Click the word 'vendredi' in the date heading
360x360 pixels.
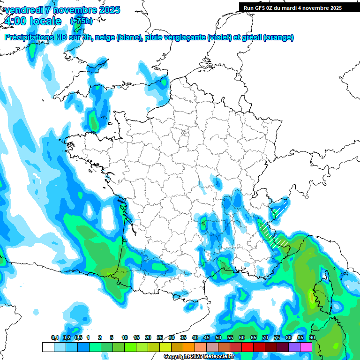click(22, 10)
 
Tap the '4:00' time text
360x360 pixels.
click(15, 21)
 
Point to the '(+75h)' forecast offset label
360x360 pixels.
click(81, 21)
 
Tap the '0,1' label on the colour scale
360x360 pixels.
click(54, 338)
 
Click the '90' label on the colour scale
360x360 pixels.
click(312, 338)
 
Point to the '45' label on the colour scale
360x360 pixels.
click(207, 338)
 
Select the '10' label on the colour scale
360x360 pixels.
click(125, 338)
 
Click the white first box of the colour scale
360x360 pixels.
click(48, 347)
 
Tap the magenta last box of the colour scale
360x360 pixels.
click(306, 347)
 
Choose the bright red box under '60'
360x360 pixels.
click(247, 347)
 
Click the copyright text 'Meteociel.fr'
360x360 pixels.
click(217, 357)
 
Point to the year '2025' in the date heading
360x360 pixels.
click(109, 10)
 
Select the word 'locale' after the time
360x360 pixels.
click(46, 21)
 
